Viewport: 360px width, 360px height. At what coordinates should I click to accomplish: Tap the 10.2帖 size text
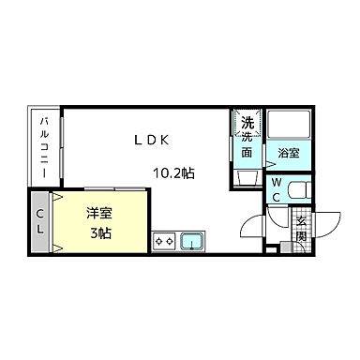point(174,172)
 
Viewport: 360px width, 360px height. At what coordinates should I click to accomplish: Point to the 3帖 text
point(98,232)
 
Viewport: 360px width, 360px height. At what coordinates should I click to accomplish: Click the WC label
point(278,190)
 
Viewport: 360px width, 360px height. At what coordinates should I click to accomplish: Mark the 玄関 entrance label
point(302,230)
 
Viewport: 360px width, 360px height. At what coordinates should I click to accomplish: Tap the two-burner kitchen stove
point(165,240)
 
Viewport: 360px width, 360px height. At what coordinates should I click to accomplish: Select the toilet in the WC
point(298,190)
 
